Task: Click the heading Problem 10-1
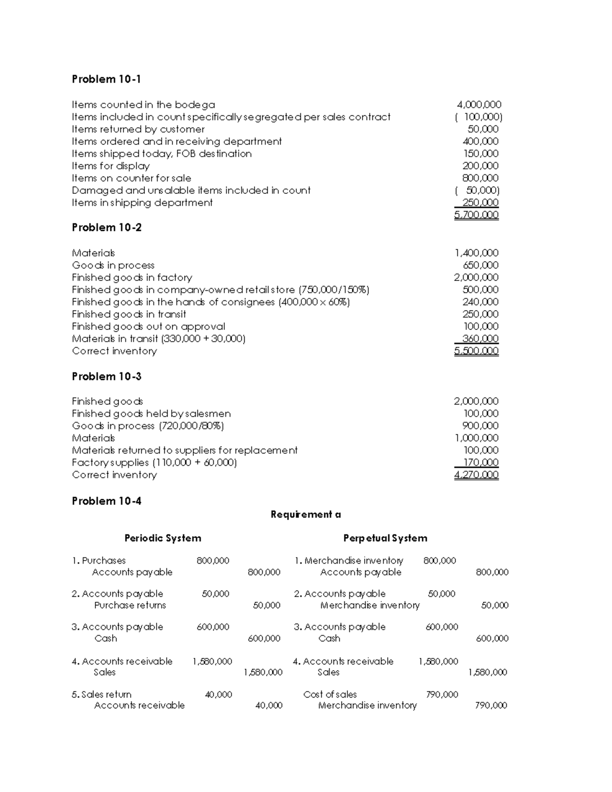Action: [106, 79]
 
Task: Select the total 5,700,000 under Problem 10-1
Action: [476, 215]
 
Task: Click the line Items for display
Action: [111, 166]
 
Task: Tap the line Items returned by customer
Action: [138, 129]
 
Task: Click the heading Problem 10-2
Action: [106, 227]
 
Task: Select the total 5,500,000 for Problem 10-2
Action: [476, 351]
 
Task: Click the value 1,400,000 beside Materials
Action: [476, 253]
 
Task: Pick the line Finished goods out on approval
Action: [148, 326]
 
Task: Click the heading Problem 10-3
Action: [106, 376]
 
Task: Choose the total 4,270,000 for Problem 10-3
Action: [476, 475]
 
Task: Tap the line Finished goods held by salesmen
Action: [151, 414]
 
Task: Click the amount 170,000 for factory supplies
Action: [480, 463]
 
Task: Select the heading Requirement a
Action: [305, 515]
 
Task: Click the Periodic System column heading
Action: [163, 538]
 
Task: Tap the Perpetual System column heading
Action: [385, 538]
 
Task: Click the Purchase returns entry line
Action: [130, 605]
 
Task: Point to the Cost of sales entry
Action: [330, 694]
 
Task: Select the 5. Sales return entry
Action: [101, 694]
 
